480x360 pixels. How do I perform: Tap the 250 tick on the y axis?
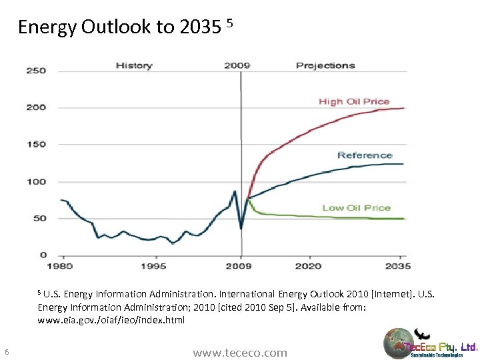tap(36, 71)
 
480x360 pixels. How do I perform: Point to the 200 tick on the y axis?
tap(36, 107)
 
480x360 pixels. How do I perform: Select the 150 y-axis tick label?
tap(36, 145)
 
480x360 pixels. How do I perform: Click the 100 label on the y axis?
tap(36, 181)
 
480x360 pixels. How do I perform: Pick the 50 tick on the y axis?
tap(39, 219)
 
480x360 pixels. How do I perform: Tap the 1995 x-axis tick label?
tap(153, 266)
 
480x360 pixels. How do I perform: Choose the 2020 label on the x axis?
tap(309, 266)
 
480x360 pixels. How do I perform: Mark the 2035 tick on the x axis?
tap(398, 266)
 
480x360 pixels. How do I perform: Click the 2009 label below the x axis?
tap(239, 266)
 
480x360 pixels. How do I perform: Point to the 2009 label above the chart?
tap(237, 65)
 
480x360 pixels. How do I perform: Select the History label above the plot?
tap(134, 65)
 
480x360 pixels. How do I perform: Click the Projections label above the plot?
tap(325, 65)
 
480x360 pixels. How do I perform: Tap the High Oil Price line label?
tap(354, 101)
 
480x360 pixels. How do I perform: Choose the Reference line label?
tap(365, 155)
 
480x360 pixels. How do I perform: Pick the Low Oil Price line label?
tap(356, 208)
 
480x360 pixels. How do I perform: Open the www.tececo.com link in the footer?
tap(240, 353)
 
